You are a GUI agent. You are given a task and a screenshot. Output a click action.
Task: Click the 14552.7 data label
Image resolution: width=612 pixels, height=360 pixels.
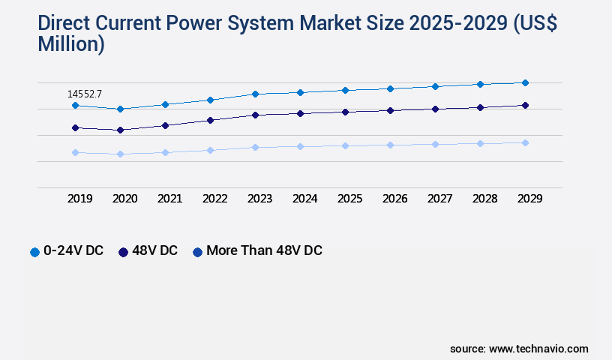point(85,94)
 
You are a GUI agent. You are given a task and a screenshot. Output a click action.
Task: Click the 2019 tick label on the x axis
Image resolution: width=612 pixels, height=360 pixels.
point(80,199)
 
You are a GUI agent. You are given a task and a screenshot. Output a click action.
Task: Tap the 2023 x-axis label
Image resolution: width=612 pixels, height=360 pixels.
point(260,199)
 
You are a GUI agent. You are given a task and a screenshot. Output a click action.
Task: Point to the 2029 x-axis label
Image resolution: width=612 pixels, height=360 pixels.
point(529,199)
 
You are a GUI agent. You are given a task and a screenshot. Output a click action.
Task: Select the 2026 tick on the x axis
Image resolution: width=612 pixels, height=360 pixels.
point(395,199)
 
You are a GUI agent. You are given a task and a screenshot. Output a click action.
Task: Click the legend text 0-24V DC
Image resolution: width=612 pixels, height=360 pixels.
point(73,250)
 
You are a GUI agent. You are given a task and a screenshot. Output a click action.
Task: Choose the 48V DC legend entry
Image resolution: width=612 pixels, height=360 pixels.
point(154,250)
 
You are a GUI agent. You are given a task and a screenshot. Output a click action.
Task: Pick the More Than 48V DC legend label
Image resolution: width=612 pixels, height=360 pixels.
point(264,250)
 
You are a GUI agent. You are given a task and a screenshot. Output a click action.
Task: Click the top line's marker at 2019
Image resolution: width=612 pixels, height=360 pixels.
point(75,106)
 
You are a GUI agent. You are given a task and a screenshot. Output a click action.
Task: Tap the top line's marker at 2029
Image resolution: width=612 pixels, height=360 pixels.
point(525,82)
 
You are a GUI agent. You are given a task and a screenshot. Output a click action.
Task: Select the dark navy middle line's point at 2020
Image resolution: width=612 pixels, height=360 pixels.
point(120,130)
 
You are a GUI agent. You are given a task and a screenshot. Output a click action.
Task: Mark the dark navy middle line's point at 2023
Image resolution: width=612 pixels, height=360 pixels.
point(255,115)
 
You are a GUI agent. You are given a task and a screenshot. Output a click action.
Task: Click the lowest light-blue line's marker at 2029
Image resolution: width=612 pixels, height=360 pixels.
point(525,142)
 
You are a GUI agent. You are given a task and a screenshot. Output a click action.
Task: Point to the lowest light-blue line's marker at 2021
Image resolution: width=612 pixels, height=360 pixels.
point(165,152)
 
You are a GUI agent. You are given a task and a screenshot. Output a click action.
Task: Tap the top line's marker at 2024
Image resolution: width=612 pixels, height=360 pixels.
point(300,92)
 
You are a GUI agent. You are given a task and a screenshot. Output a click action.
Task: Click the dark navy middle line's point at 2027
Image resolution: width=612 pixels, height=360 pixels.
point(435,109)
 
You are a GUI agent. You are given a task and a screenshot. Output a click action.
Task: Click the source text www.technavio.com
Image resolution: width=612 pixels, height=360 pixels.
point(538,349)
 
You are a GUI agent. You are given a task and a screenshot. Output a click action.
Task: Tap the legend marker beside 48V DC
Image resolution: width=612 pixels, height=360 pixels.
point(123,251)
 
